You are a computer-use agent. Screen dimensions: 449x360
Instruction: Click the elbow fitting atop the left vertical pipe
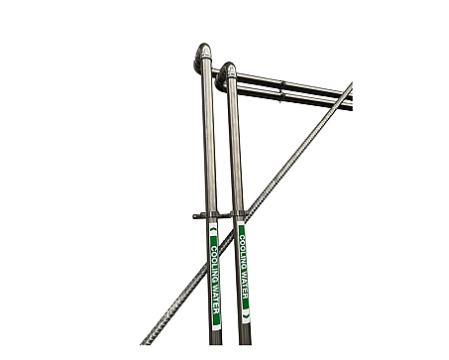[x=202, y=56]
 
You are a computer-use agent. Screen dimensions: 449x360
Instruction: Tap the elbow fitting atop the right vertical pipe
[x=225, y=74]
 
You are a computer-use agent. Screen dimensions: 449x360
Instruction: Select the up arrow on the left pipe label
[x=213, y=229]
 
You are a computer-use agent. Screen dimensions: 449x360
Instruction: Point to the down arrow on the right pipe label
[x=246, y=317]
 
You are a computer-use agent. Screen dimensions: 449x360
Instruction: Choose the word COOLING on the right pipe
[x=243, y=253]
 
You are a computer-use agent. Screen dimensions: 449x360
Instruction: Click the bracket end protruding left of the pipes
[x=196, y=216]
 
